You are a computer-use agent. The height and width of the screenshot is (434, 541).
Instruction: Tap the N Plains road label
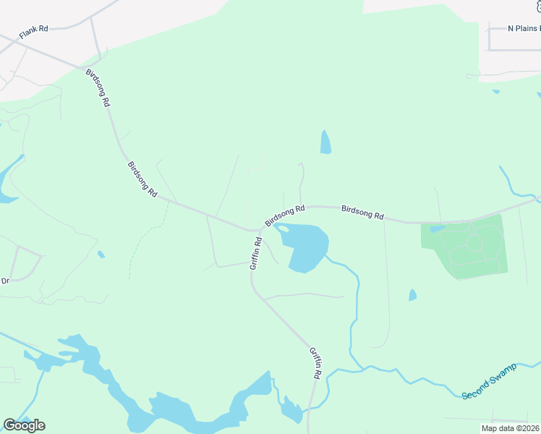click(523, 28)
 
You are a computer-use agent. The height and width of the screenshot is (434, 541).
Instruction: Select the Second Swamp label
click(485, 385)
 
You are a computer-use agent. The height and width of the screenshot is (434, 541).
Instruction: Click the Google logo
click(24, 425)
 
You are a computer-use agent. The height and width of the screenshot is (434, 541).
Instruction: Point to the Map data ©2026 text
click(511, 428)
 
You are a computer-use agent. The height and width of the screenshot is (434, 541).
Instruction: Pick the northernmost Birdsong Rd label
click(98, 88)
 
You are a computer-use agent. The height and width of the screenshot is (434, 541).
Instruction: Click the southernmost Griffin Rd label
click(315, 363)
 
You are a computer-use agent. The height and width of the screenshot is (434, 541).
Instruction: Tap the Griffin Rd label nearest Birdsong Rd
click(255, 254)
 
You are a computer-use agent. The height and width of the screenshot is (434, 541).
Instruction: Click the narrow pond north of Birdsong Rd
click(325, 142)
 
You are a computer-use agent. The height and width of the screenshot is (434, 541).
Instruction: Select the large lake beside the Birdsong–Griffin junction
click(308, 247)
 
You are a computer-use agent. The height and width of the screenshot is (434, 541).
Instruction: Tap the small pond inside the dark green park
click(437, 229)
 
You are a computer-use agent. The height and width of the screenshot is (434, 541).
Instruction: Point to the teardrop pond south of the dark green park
click(412, 295)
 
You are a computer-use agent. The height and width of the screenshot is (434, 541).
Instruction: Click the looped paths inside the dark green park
click(474, 246)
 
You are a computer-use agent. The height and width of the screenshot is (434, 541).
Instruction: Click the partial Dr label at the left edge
click(4, 281)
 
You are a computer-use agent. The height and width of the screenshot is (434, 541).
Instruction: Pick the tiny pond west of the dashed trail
click(101, 254)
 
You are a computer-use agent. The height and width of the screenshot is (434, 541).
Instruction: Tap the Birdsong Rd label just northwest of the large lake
click(285, 215)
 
